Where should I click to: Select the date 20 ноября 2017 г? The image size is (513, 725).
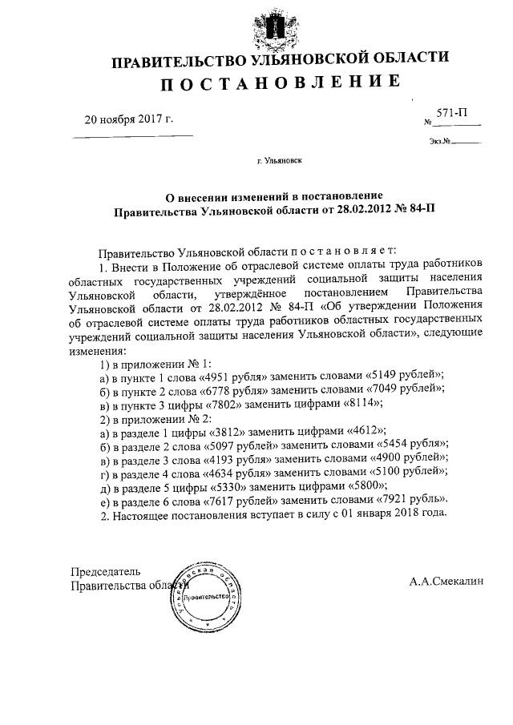click(x=129, y=120)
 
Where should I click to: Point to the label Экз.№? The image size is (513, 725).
click(x=440, y=143)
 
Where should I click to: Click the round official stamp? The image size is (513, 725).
click(x=207, y=597)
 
